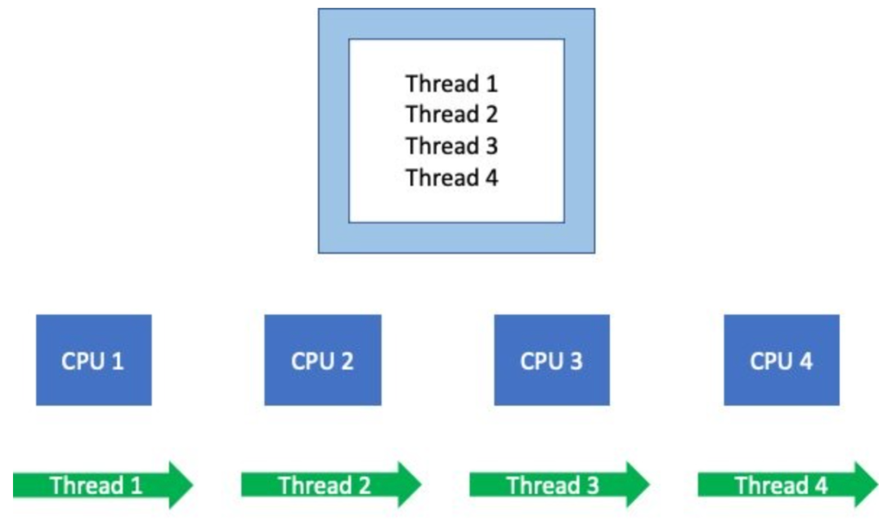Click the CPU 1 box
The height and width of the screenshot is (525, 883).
[x=93, y=360]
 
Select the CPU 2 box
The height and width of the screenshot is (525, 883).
[x=323, y=360]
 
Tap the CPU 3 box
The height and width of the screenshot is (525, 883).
[x=552, y=360]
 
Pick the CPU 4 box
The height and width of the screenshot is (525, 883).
[x=782, y=360]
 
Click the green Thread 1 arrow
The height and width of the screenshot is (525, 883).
[x=103, y=485]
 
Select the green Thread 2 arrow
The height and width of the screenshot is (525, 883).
[x=331, y=485]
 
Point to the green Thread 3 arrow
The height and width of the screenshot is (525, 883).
[x=560, y=485]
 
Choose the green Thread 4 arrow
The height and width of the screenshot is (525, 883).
[x=788, y=485]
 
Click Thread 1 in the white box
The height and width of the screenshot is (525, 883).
[x=451, y=84]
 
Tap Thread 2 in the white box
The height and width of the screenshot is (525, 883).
[x=451, y=114]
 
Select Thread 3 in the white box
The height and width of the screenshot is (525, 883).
[x=451, y=146]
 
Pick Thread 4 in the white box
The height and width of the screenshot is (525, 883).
[x=451, y=177]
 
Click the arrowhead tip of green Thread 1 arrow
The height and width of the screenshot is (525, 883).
[x=193, y=485]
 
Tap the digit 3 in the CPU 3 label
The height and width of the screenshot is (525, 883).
[x=576, y=361]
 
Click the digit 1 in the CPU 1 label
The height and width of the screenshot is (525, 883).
[x=118, y=361]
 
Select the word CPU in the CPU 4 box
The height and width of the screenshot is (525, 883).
[x=770, y=361]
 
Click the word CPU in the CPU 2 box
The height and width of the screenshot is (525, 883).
[x=311, y=361]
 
